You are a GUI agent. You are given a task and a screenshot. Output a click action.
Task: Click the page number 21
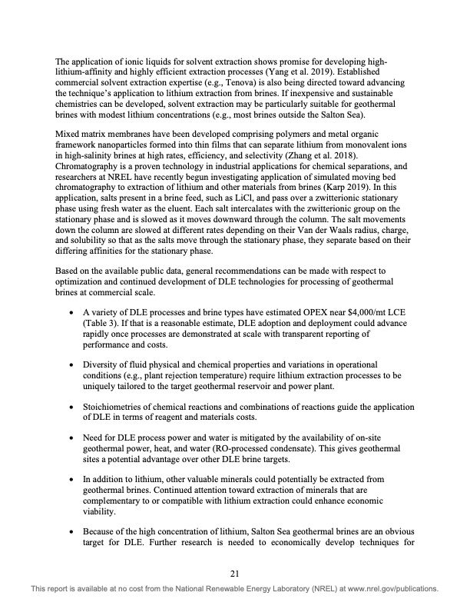tap(235, 572)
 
